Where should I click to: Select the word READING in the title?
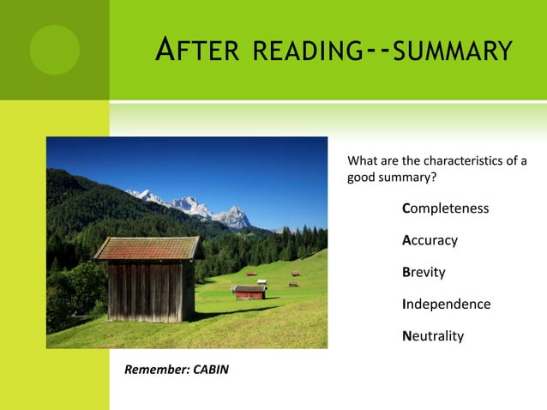pos(304,51)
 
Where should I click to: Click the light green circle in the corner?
pos(54,49)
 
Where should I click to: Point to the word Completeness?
pos(446,208)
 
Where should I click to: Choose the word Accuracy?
pos(430,240)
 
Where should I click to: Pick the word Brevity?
pos(424,272)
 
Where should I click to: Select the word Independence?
pos(446,304)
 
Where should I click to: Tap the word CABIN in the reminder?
pos(210,370)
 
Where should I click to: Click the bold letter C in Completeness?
pos(406,208)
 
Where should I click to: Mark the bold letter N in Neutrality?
pos(407,335)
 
